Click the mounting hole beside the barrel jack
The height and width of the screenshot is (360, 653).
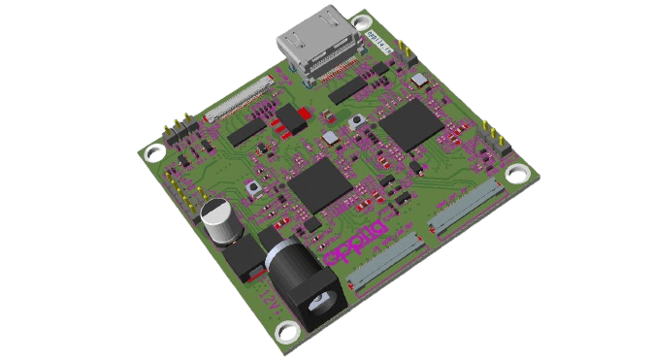288,332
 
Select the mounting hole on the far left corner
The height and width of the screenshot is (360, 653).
152,153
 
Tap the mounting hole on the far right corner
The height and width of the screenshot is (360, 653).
516,174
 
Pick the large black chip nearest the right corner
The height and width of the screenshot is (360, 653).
413,124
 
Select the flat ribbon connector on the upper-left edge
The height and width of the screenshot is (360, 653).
240,102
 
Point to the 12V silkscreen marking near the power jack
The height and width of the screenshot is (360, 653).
262,291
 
